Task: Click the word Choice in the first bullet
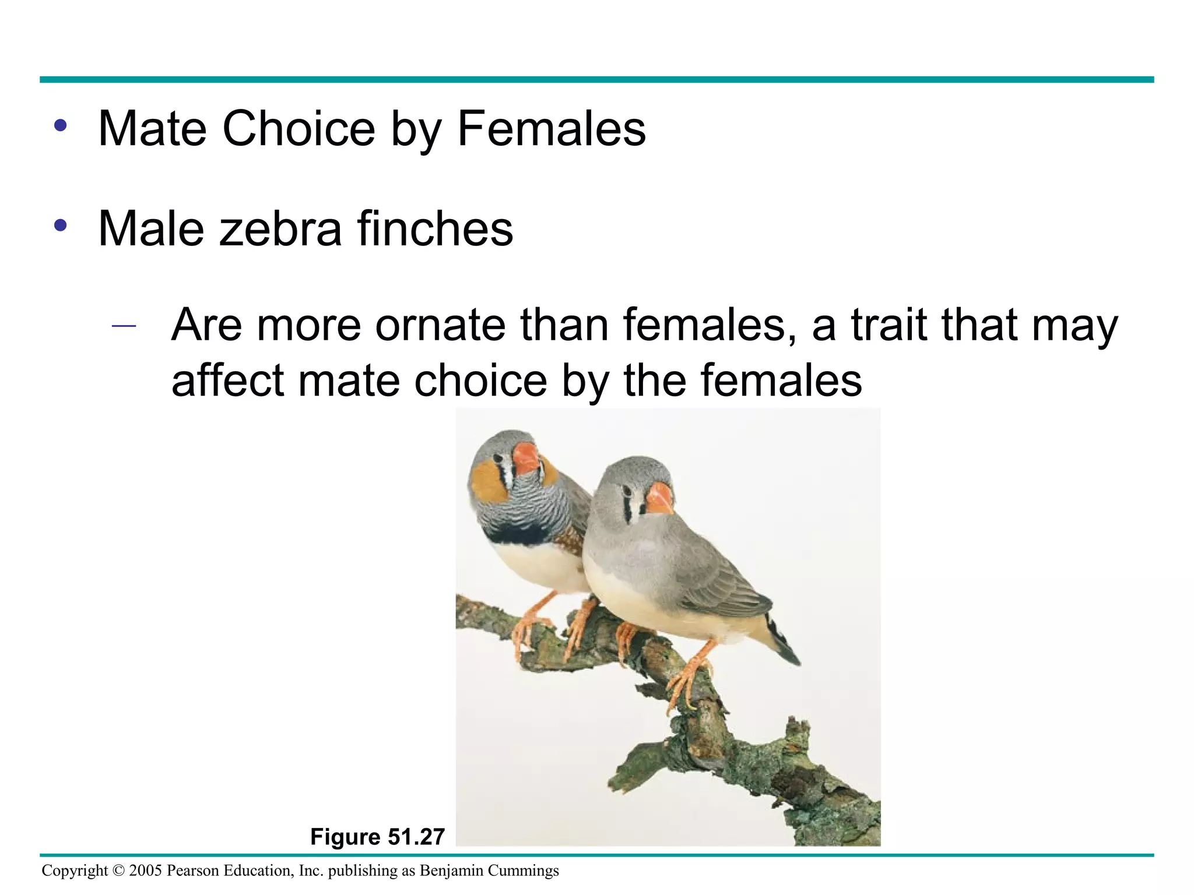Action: [298, 129]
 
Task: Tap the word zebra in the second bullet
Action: [280, 228]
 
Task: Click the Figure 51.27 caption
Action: [377, 837]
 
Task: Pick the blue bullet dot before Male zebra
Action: [60, 225]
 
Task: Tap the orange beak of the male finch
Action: [526, 458]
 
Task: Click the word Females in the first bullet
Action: [552, 129]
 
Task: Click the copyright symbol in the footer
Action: [118, 871]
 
